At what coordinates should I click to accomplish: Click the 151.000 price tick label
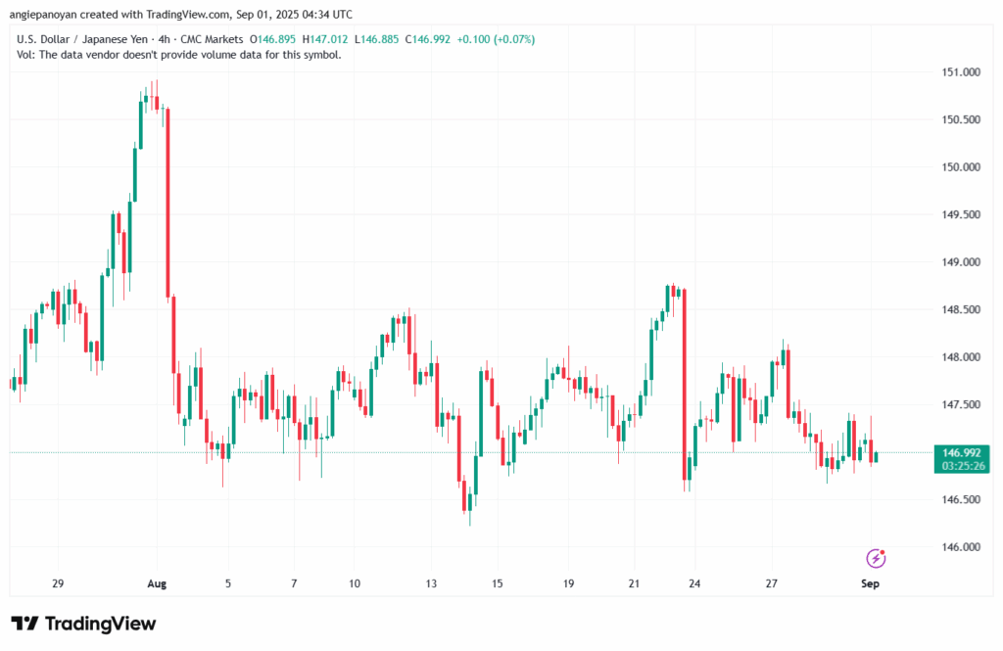(x=959, y=72)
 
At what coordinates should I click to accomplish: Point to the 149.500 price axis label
(x=959, y=215)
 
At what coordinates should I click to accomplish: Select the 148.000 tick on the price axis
(x=959, y=358)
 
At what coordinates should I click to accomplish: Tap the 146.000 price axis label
(x=959, y=547)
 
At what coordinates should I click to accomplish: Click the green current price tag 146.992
(x=959, y=452)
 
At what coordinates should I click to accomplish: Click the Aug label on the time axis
(x=157, y=584)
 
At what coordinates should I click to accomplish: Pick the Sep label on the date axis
(x=870, y=584)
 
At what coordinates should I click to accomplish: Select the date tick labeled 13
(x=431, y=584)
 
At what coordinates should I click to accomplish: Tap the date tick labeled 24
(x=694, y=584)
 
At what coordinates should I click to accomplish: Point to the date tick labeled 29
(x=58, y=584)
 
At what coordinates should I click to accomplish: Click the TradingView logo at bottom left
(x=83, y=624)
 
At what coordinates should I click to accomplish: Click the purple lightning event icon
(x=876, y=558)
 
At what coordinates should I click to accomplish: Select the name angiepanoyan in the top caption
(x=45, y=14)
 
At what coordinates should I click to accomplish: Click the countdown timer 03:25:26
(x=959, y=466)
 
